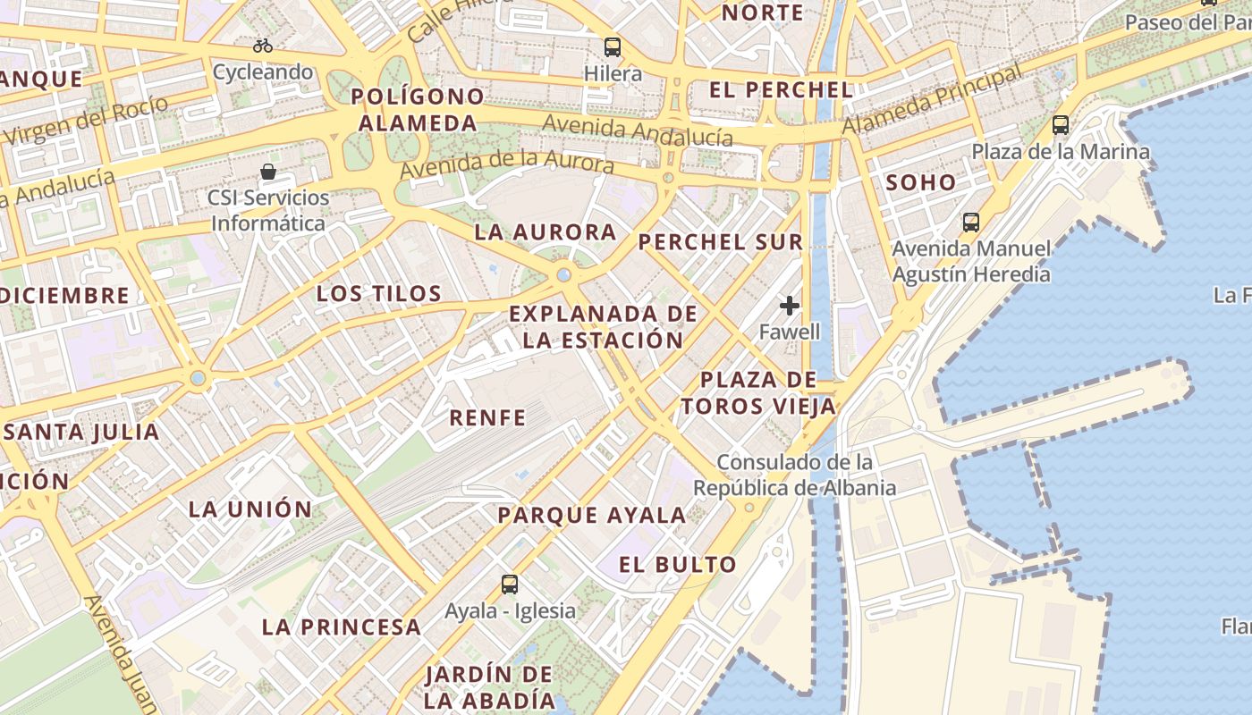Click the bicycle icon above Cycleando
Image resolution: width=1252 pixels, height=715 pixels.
point(262,46)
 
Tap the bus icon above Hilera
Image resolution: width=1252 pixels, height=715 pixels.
point(613,46)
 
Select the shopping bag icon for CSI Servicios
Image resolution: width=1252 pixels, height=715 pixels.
point(267,171)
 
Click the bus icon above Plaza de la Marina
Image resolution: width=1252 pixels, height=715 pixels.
point(1061,125)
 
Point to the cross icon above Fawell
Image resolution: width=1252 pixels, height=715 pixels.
point(789,307)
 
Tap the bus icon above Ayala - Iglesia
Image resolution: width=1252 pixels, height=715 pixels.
point(510,585)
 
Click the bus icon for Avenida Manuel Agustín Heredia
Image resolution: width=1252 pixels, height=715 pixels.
point(971,222)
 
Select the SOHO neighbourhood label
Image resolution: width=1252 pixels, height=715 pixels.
point(920,183)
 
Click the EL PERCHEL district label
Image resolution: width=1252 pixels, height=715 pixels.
point(781,90)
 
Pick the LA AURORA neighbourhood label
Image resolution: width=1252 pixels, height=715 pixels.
point(546,233)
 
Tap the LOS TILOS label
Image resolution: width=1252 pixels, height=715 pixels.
point(379,294)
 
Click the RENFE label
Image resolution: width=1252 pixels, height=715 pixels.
point(487,417)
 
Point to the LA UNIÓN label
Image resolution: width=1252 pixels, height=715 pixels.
point(250,510)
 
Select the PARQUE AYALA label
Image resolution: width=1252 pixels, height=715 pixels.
point(592,516)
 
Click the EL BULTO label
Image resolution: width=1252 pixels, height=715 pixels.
point(678,565)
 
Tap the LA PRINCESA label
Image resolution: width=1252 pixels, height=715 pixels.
point(342,627)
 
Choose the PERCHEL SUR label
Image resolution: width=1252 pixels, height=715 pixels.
point(721,242)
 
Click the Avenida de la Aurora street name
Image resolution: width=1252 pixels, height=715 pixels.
point(507,164)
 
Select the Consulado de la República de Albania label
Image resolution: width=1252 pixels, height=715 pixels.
point(795,475)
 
